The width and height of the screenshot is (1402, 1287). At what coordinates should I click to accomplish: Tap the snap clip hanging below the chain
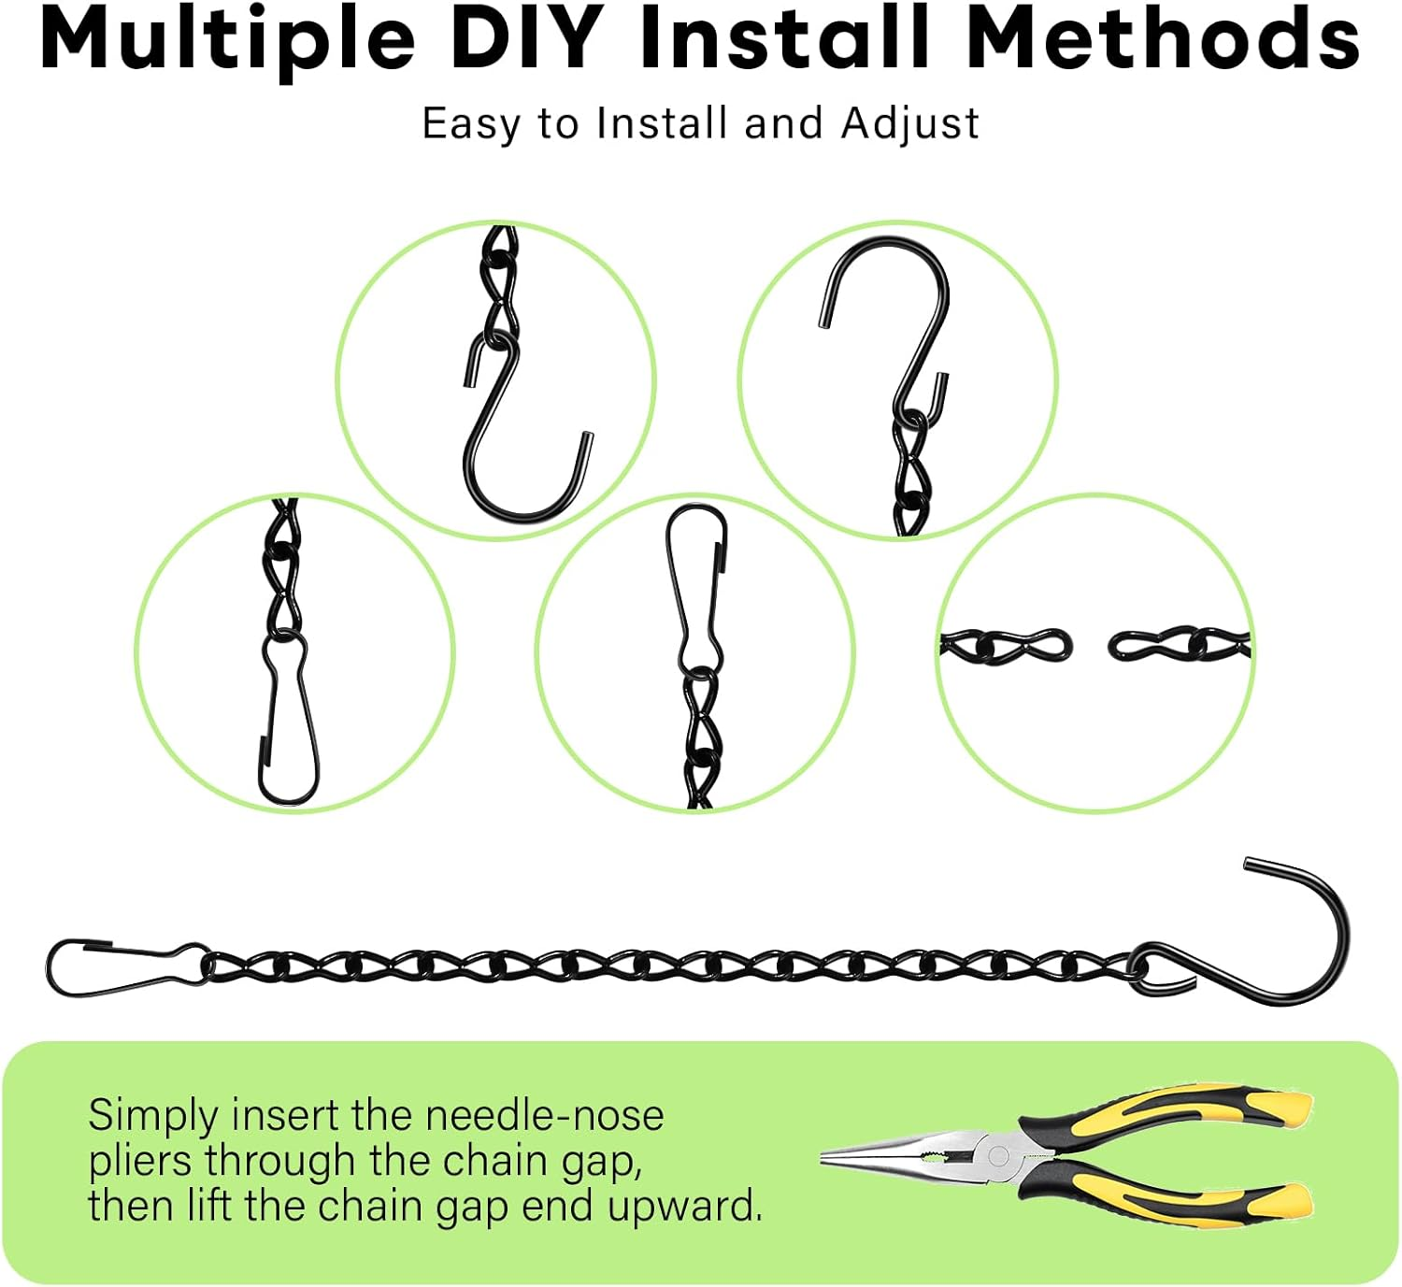tap(288, 720)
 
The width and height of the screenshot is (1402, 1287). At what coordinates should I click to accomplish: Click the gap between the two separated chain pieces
tap(1090, 645)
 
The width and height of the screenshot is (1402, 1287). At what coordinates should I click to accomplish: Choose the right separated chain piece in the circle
tap(1178, 644)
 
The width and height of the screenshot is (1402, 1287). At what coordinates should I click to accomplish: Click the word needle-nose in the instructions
tap(544, 1115)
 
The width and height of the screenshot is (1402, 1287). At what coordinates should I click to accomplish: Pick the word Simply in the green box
tap(153, 1117)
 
